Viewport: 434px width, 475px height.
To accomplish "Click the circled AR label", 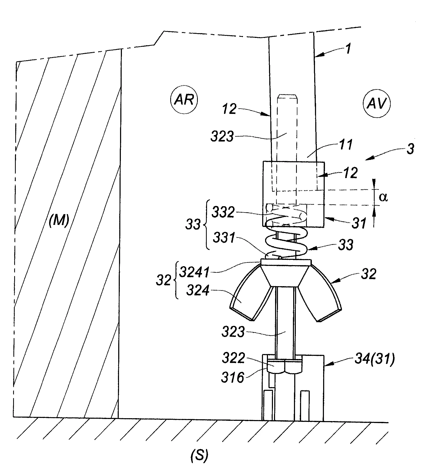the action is tap(184, 100).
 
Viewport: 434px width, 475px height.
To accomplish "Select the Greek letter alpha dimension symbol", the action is tap(384, 197).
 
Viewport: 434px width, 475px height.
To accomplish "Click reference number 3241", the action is tap(194, 272).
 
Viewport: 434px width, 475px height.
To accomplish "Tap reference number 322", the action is tap(234, 358).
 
